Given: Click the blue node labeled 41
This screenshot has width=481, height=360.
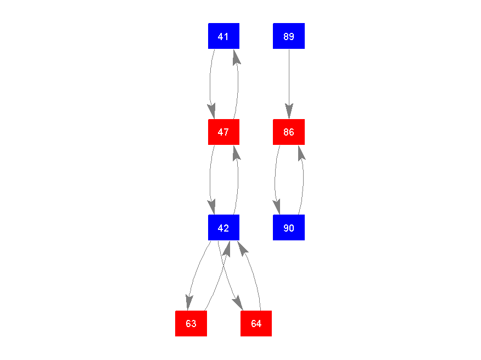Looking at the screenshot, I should point(223,36).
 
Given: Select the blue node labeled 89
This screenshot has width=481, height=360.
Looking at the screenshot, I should point(289,36).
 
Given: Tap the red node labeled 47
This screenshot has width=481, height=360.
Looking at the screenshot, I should point(223,132).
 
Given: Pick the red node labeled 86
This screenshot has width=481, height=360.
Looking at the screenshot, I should point(289,132).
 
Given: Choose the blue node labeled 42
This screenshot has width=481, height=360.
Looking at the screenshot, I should point(223,228).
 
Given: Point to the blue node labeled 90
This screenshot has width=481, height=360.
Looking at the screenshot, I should point(289,228).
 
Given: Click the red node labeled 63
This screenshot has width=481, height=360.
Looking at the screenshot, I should point(191,323).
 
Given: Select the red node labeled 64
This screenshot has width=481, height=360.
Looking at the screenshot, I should point(256,323).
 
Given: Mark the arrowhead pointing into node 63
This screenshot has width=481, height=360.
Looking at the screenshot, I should point(189,303).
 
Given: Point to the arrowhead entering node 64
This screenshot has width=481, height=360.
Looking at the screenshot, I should point(238,303).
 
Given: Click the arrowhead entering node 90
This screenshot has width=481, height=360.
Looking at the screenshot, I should point(277,207).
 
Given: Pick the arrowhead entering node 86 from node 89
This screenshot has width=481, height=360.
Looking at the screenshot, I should point(289,111).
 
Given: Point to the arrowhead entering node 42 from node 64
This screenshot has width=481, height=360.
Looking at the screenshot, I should point(243,248).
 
